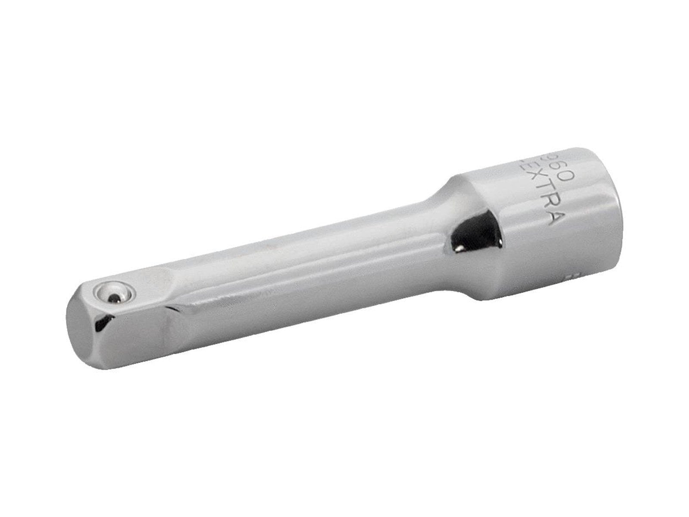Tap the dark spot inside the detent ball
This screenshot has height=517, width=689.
click(x=114, y=296)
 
